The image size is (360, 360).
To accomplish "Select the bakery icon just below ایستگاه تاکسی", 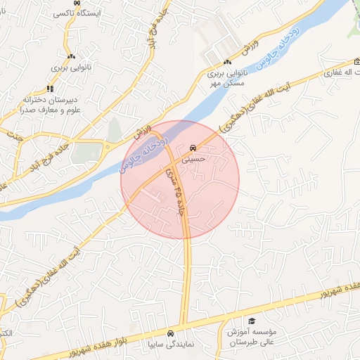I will [x=70, y=56].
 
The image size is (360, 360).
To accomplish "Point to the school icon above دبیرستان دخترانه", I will [x=49, y=89].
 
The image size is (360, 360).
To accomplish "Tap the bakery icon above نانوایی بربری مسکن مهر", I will [x=226, y=63].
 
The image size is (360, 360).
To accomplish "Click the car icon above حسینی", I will [x=193, y=149].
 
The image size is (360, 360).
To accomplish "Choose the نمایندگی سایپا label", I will [x=169, y=345].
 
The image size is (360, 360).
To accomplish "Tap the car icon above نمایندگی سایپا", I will [x=169, y=333].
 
